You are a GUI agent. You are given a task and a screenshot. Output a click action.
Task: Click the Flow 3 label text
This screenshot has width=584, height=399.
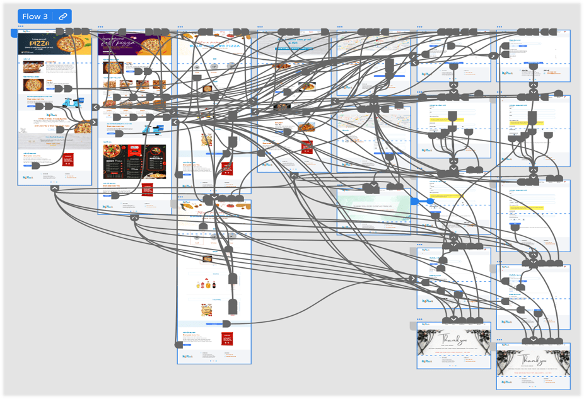pyautogui.click(x=35, y=16)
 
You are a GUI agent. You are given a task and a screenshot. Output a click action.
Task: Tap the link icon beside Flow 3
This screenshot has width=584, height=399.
pyautogui.click(x=62, y=16)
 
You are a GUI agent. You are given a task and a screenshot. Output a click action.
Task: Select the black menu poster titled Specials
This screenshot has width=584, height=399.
pyautogui.click(x=151, y=162)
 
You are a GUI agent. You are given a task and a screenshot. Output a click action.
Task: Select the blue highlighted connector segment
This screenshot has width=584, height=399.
pyautogui.click(x=422, y=201)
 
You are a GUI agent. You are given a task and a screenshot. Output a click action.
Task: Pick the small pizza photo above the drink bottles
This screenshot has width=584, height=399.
pyautogui.click(x=207, y=259)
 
